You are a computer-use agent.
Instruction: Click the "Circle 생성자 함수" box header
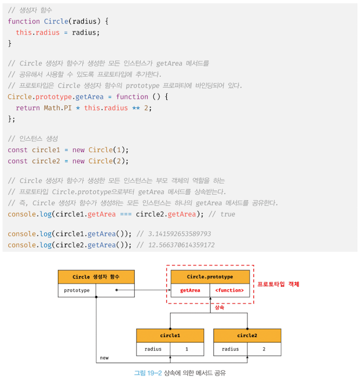pyautogui.click(x=96, y=277)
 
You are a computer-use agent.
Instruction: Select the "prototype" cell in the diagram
pyautogui.click(x=76, y=291)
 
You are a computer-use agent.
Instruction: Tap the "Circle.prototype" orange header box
pyautogui.click(x=210, y=277)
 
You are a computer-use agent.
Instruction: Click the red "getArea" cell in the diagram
pyautogui.click(x=190, y=291)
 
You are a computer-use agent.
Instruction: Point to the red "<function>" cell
pyautogui.click(x=229, y=291)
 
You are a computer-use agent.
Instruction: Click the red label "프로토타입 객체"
pyautogui.click(x=278, y=284)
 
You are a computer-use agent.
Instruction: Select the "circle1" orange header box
pyautogui.click(x=170, y=335)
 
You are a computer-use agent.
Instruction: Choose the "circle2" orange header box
pyautogui.click(x=247, y=335)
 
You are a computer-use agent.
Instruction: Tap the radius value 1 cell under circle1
pyautogui.click(x=187, y=349)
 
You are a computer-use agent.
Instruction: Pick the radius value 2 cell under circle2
pyautogui.click(x=264, y=349)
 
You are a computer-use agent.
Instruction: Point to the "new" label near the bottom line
pyautogui.click(x=104, y=358)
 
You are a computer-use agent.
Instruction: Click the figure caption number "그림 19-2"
pyautogui.click(x=148, y=373)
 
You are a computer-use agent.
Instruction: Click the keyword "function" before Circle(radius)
pyautogui.click(x=24, y=21)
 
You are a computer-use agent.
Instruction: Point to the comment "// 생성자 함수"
pyautogui.click(x=30, y=10)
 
